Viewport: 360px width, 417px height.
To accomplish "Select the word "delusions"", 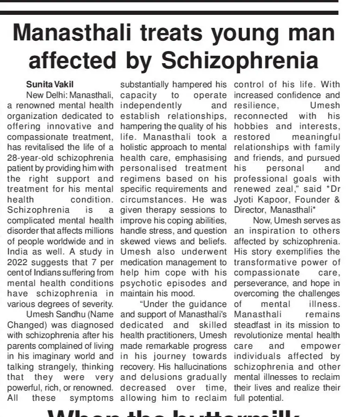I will click(x=156, y=377).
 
